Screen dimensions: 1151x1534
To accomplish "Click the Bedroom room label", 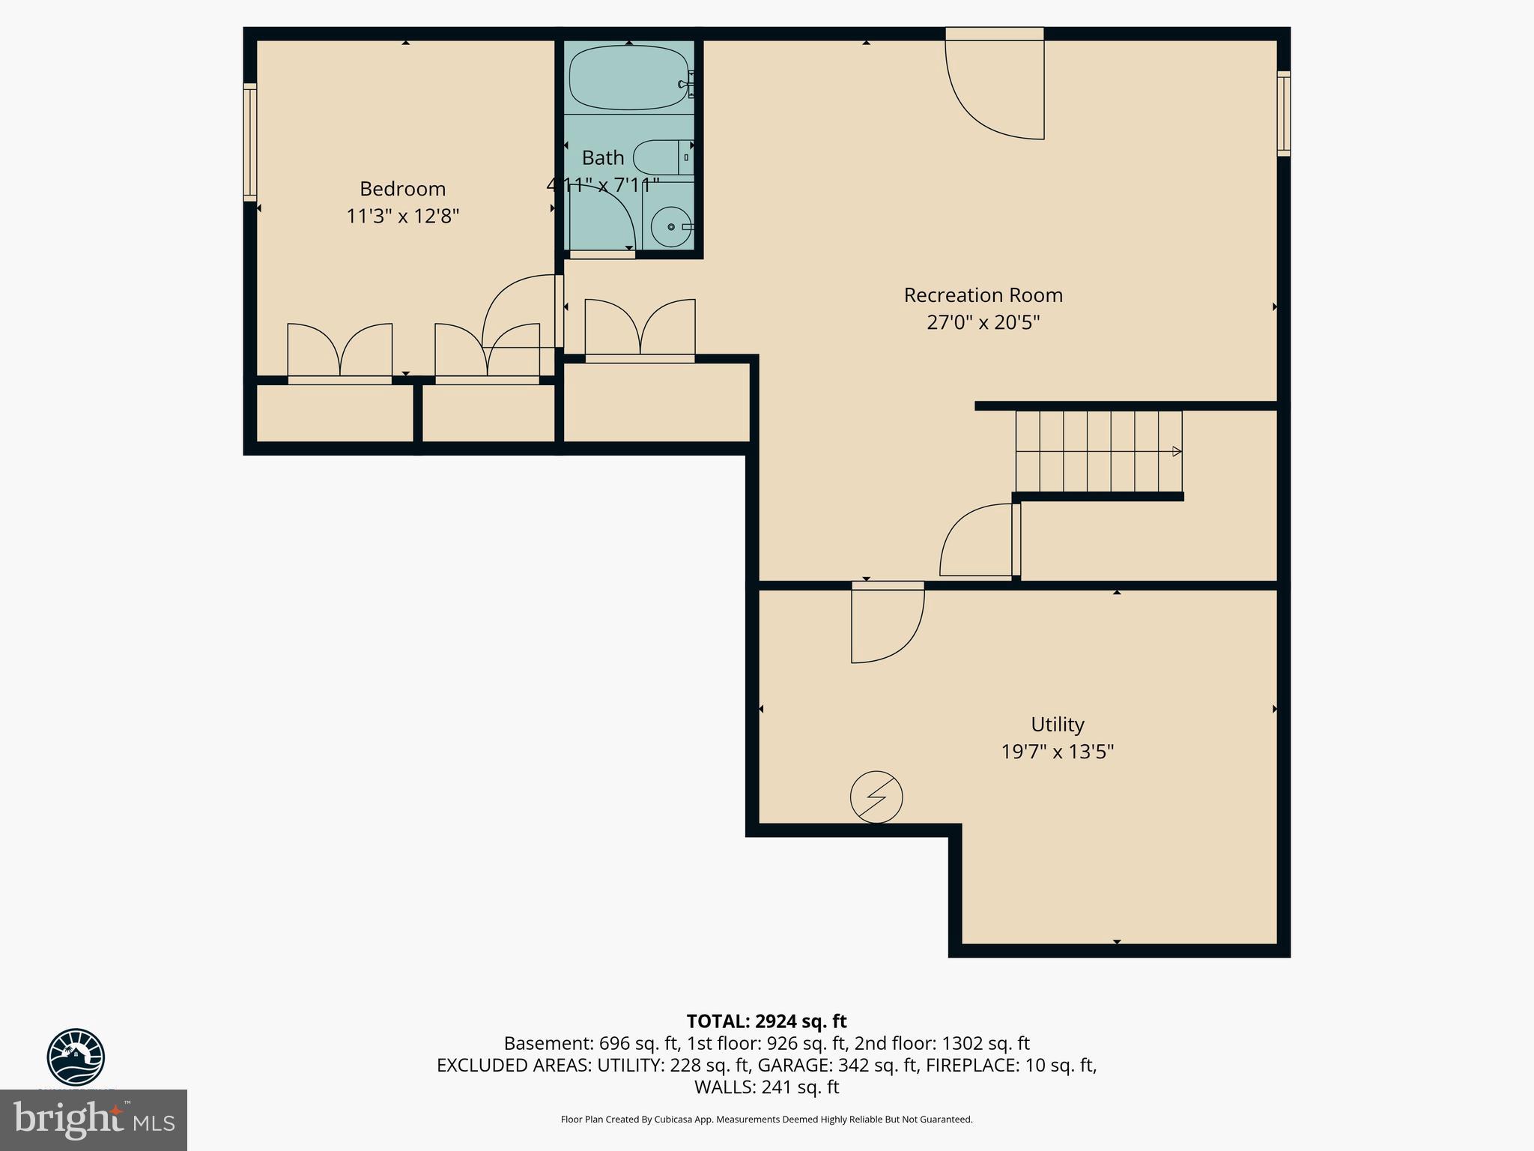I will pyautogui.click(x=402, y=189).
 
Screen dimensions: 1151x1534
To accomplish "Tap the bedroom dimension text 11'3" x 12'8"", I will pyautogui.click(x=402, y=217).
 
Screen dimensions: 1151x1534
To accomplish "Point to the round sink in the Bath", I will pyautogui.click(x=670, y=226).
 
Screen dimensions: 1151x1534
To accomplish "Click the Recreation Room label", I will pyautogui.click(x=983, y=295).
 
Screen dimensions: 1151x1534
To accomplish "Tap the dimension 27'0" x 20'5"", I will pyautogui.click(x=983, y=323).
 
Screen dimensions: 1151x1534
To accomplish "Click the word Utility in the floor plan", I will pyautogui.click(x=1057, y=725).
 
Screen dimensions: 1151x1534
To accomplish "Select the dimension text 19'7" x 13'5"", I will pyautogui.click(x=1057, y=752).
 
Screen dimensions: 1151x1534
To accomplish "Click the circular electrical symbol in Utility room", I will pyautogui.click(x=876, y=797).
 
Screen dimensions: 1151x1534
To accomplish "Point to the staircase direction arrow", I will pyautogui.click(x=1176, y=451).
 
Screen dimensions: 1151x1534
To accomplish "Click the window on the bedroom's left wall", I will pyautogui.click(x=250, y=142).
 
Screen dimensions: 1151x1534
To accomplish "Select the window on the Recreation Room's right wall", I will pyautogui.click(x=1283, y=114).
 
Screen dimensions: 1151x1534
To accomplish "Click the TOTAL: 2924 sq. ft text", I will pyautogui.click(x=766, y=1021).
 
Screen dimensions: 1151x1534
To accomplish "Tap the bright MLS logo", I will pyautogui.click(x=94, y=1120).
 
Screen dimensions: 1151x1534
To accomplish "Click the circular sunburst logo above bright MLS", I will pyautogui.click(x=76, y=1057).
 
